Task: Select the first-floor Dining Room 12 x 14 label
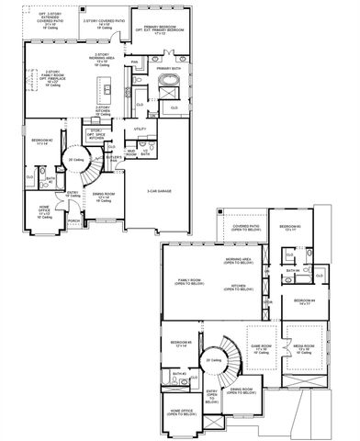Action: (103, 196)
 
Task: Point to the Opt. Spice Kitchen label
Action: (96, 133)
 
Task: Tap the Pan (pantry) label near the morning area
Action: (134, 62)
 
